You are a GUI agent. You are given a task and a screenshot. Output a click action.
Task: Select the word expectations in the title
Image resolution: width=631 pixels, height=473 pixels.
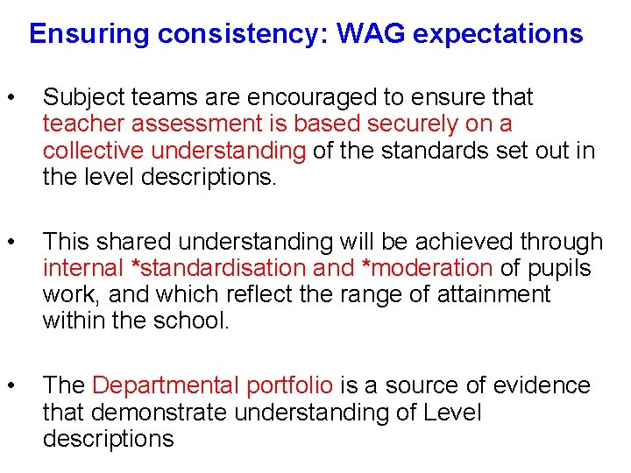(x=498, y=34)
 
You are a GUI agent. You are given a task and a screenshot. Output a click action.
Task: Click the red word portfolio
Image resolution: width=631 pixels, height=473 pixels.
(x=290, y=385)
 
